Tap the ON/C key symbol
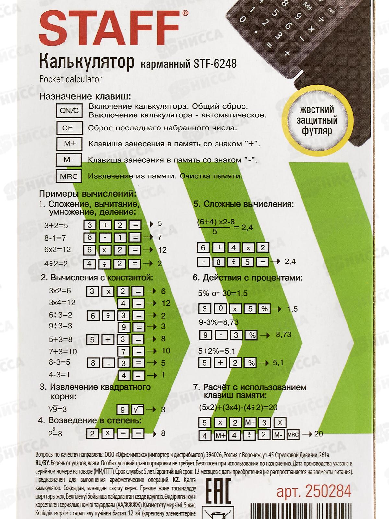[x=69, y=111]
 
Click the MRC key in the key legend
[x=69, y=176]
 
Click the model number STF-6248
[x=215, y=64]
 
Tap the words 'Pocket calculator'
[x=70, y=79]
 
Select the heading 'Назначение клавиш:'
[x=85, y=97]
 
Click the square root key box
[x=137, y=410]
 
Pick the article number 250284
[x=314, y=491]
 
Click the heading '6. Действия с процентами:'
[x=248, y=278]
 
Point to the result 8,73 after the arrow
[x=283, y=334]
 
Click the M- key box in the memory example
[x=278, y=434]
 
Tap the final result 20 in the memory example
[x=318, y=434]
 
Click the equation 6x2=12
[x=57, y=249]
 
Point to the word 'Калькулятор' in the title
[x=87, y=62]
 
